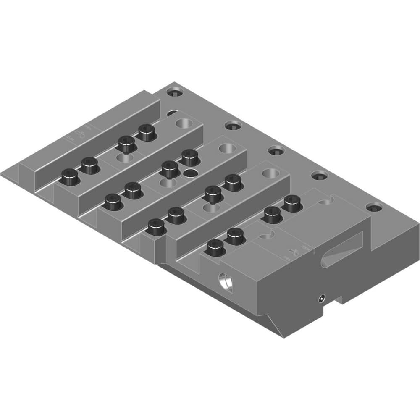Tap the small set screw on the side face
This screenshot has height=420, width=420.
pos(322,298)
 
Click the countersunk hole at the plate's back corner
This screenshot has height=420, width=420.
pos(175,91)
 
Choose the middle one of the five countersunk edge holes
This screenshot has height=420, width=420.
pos(276,150)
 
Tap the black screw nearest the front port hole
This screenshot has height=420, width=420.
pos(215,248)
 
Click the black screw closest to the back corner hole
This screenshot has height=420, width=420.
pos(146,133)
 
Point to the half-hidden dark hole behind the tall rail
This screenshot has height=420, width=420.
pos(172,113)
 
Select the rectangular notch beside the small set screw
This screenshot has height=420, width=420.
pos(338,299)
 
